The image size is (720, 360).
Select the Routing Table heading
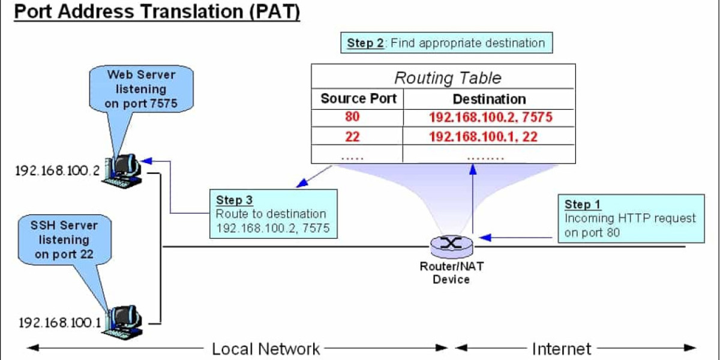448,78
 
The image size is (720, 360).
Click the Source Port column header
358,98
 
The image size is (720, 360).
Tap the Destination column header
489,99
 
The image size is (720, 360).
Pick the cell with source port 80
352,117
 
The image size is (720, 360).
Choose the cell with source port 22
352,137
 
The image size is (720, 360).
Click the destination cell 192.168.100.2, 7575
490,117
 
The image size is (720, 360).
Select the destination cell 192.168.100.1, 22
483,137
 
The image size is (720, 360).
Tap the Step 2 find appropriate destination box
446,43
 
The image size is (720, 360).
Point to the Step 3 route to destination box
273,214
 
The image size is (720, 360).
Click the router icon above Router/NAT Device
451,244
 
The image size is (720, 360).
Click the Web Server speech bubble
141,89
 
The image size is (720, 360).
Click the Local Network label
266,349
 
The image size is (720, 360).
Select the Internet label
562,349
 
